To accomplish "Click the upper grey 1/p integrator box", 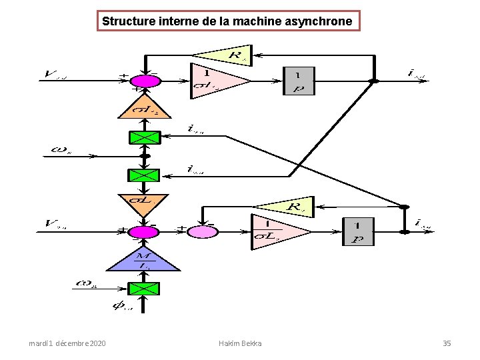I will pyautogui.click(x=299, y=81).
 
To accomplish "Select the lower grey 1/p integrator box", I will pyautogui.click(x=358, y=231).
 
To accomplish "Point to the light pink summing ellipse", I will pyautogui.click(x=201, y=231).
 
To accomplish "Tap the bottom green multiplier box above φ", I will pyautogui.click(x=144, y=289).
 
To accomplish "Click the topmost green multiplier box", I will pyautogui.click(x=144, y=138).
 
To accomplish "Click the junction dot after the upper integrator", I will pyautogui.click(x=374, y=81).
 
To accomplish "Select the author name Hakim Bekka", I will pyautogui.click(x=239, y=343).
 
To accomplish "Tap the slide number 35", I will pyautogui.click(x=447, y=343).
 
